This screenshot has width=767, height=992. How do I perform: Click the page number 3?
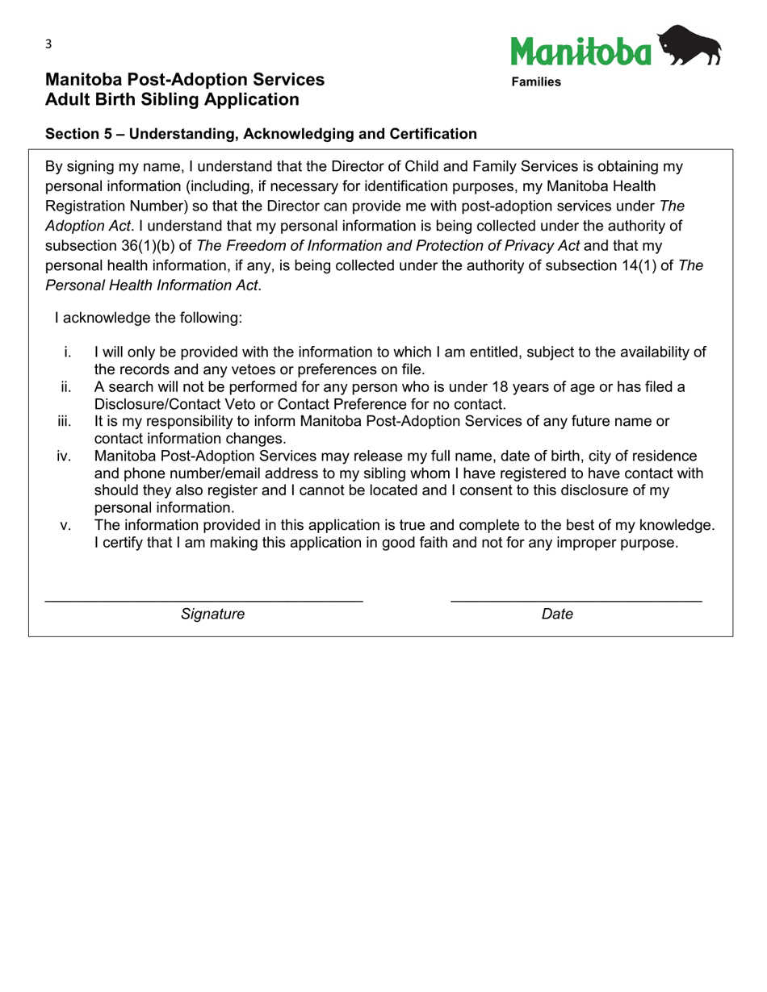(x=48, y=44)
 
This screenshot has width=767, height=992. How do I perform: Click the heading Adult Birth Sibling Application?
(x=172, y=100)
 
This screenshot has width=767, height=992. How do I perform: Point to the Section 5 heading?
(x=261, y=134)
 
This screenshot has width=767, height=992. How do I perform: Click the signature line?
(x=203, y=600)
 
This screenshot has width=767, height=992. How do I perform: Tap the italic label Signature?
(x=212, y=615)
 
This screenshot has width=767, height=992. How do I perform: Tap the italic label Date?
(x=557, y=615)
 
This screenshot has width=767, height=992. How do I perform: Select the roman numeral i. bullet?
(x=68, y=352)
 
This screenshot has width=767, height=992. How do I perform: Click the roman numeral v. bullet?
(x=66, y=526)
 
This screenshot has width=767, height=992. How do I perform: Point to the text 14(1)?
(x=645, y=265)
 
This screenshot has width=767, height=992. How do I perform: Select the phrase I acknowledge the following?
(x=148, y=318)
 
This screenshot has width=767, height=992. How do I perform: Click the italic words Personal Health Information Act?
(x=153, y=286)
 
